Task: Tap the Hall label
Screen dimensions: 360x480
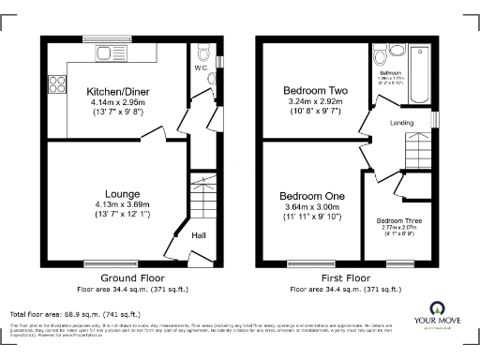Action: [200, 236]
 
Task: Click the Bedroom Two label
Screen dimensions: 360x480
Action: [315, 91]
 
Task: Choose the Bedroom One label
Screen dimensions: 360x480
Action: [313, 195]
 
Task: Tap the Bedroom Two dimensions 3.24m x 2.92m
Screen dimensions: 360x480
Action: [315, 102]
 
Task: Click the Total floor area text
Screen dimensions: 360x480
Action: [75, 313]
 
